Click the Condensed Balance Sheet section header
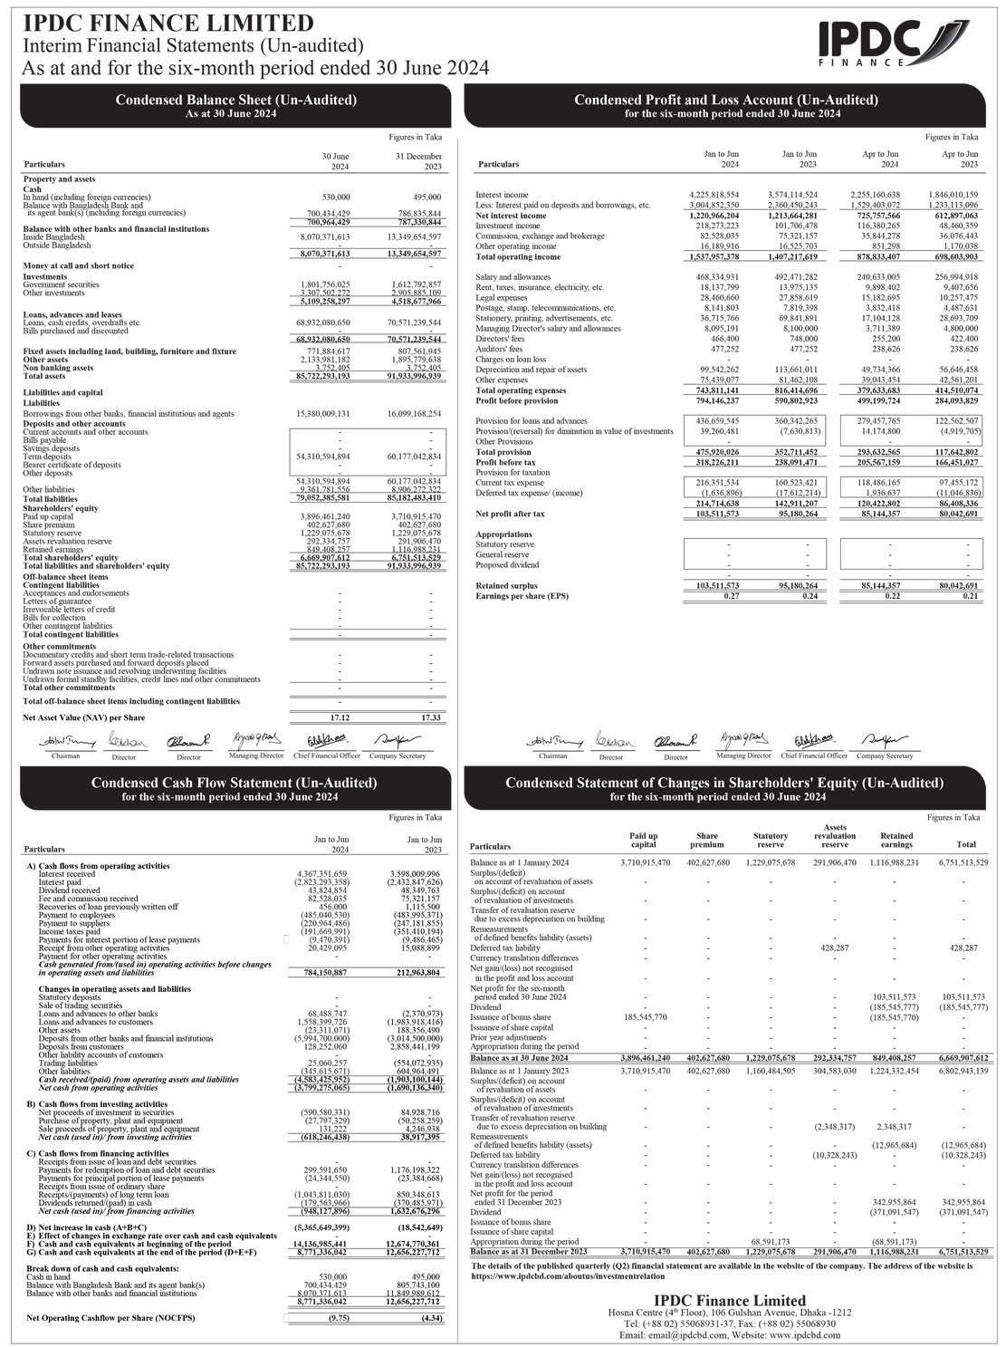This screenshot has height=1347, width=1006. click(x=235, y=105)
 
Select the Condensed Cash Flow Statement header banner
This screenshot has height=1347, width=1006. click(x=235, y=788)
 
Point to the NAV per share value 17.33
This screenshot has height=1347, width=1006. click(x=431, y=717)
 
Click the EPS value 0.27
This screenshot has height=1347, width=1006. click(x=731, y=596)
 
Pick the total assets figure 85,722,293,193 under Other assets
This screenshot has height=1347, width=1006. click(x=325, y=376)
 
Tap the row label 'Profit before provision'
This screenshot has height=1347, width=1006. click(x=517, y=400)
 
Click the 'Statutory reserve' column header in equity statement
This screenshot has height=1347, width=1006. click(x=771, y=841)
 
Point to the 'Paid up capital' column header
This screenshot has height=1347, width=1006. click(x=644, y=841)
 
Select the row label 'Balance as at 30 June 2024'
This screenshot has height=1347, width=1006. click(x=520, y=1058)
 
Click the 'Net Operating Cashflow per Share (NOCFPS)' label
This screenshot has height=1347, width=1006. click(x=110, y=1318)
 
